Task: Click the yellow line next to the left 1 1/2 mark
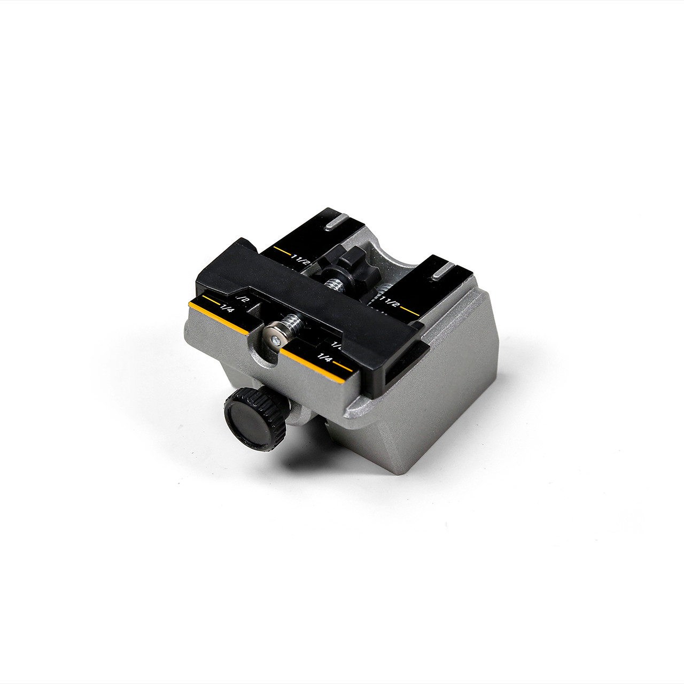pyautogui.click(x=281, y=250)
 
